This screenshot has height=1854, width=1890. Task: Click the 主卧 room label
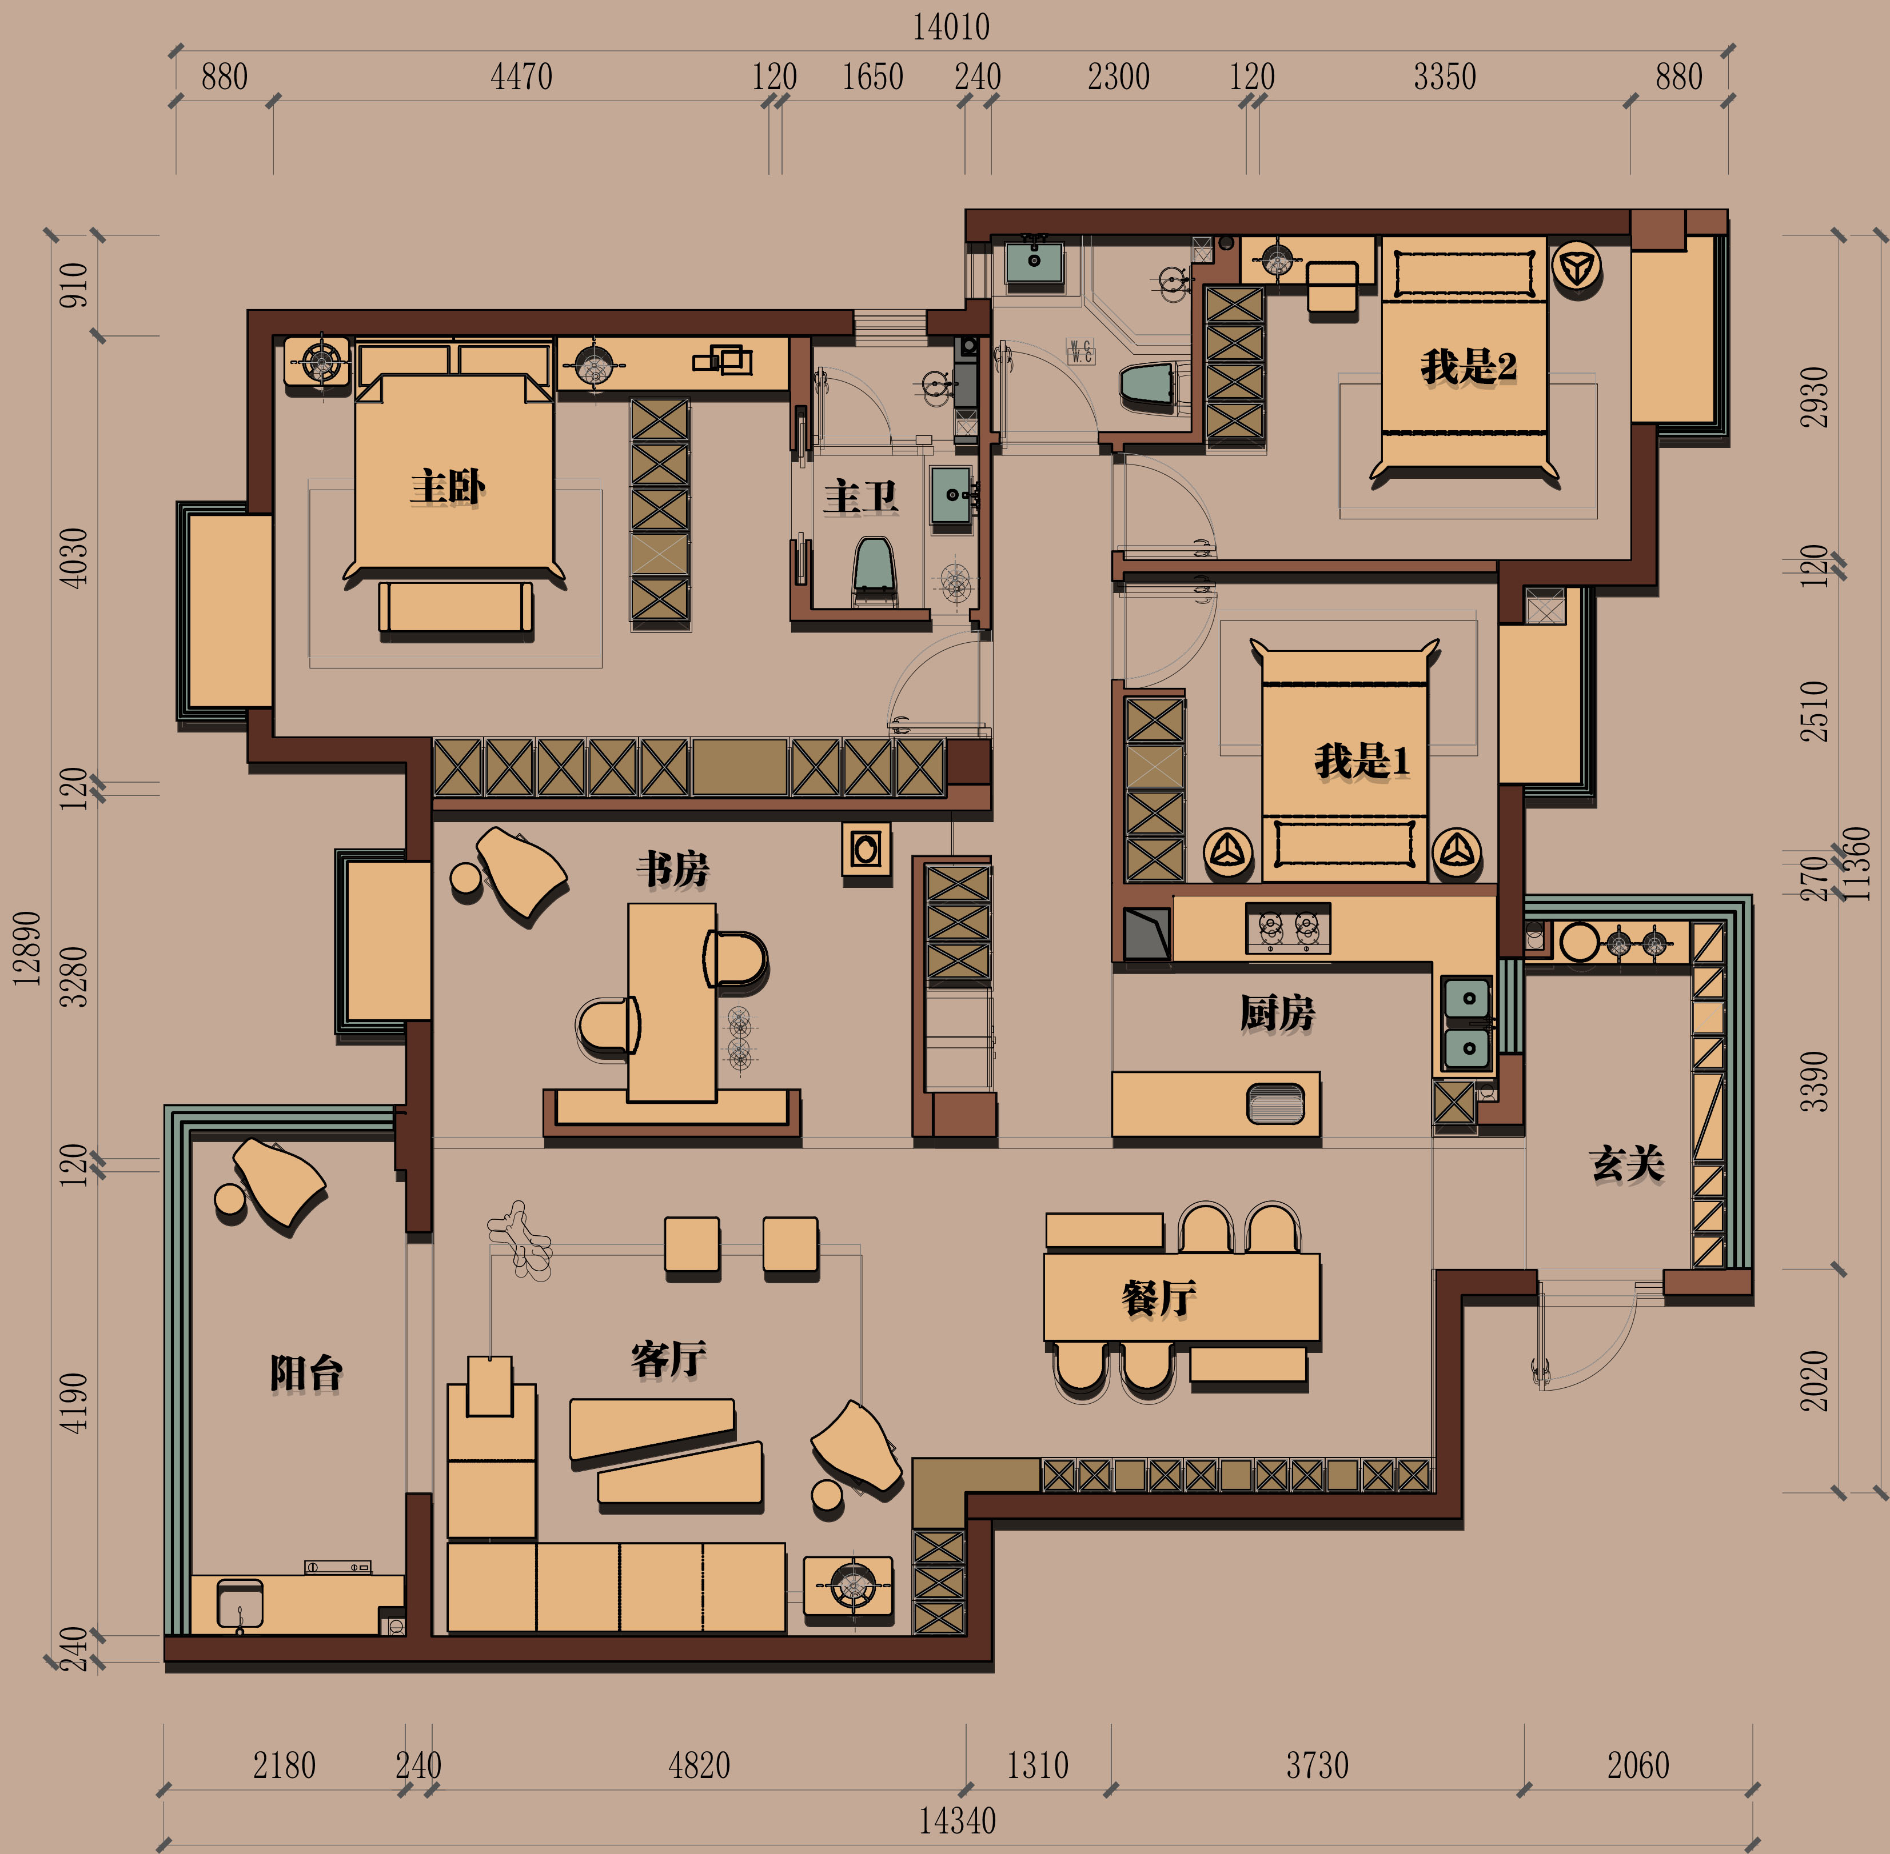point(447,487)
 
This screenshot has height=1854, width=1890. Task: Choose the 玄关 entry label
point(1627,1164)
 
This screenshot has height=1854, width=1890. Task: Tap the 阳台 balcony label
point(306,1374)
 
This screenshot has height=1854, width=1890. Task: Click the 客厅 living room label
point(668,1359)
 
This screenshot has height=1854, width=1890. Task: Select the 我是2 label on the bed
point(1468,367)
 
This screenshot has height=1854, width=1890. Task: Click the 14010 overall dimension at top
point(951,26)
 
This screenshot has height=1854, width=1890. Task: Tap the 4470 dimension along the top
point(521,77)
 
